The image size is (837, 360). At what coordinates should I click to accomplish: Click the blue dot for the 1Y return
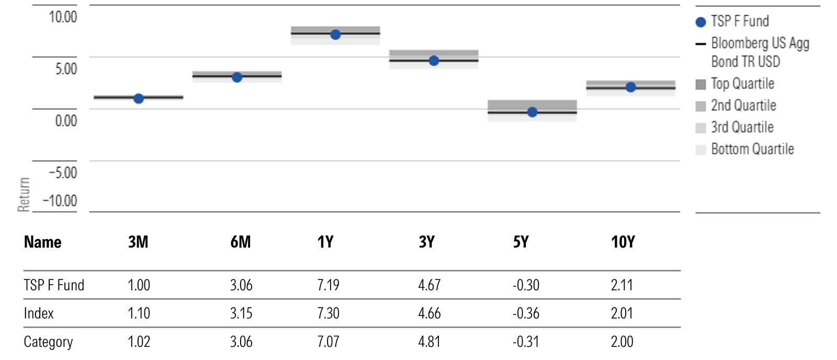[335, 35]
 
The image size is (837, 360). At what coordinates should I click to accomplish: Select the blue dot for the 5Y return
[532, 112]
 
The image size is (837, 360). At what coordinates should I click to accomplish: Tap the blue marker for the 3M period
[139, 98]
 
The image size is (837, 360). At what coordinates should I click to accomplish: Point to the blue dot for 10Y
[631, 87]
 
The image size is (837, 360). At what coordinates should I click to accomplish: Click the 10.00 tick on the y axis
[63, 17]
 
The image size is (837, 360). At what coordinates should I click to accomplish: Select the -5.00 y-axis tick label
[63, 173]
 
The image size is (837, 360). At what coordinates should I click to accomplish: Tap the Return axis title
[24, 194]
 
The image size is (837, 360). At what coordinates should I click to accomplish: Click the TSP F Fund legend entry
[740, 21]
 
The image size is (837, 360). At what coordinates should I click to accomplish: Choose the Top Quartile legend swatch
[701, 84]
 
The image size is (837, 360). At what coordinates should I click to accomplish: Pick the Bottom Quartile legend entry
[752, 149]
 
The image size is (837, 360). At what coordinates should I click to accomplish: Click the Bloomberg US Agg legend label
[760, 43]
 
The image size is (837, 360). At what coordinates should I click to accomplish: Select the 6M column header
[241, 242]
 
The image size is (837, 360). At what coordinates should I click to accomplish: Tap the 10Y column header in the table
[623, 242]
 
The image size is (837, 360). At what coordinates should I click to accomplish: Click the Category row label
[48, 342]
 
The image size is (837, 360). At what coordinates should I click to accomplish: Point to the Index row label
[39, 313]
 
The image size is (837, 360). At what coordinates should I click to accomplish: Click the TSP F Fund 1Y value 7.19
[328, 285]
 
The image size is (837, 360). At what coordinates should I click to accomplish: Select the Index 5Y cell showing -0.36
[526, 313]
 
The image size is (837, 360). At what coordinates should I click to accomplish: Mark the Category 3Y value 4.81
[429, 342]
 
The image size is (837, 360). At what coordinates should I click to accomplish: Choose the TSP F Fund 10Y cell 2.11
[621, 285]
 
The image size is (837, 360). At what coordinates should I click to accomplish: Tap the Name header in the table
[43, 242]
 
